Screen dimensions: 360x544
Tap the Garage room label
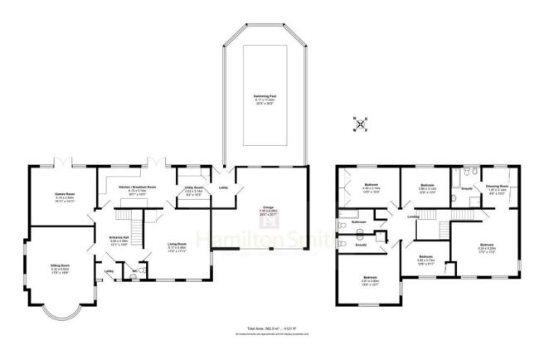tap(267, 211)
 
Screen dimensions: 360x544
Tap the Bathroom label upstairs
tap(358, 222)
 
